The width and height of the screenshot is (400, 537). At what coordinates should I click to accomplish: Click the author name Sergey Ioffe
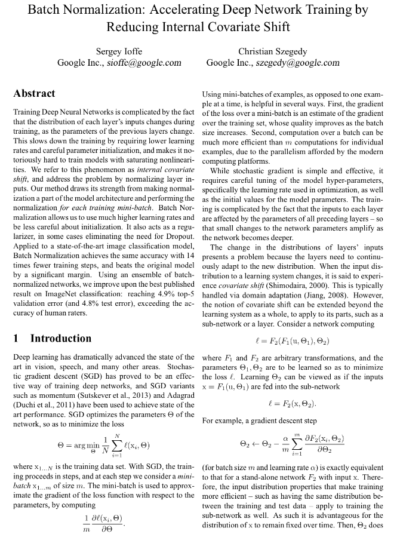(x=119, y=51)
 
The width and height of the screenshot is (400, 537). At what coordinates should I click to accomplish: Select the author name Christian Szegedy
(x=272, y=51)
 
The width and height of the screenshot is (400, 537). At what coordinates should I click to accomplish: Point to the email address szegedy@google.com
(x=302, y=63)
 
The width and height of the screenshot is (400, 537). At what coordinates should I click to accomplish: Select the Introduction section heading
(x=61, y=339)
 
